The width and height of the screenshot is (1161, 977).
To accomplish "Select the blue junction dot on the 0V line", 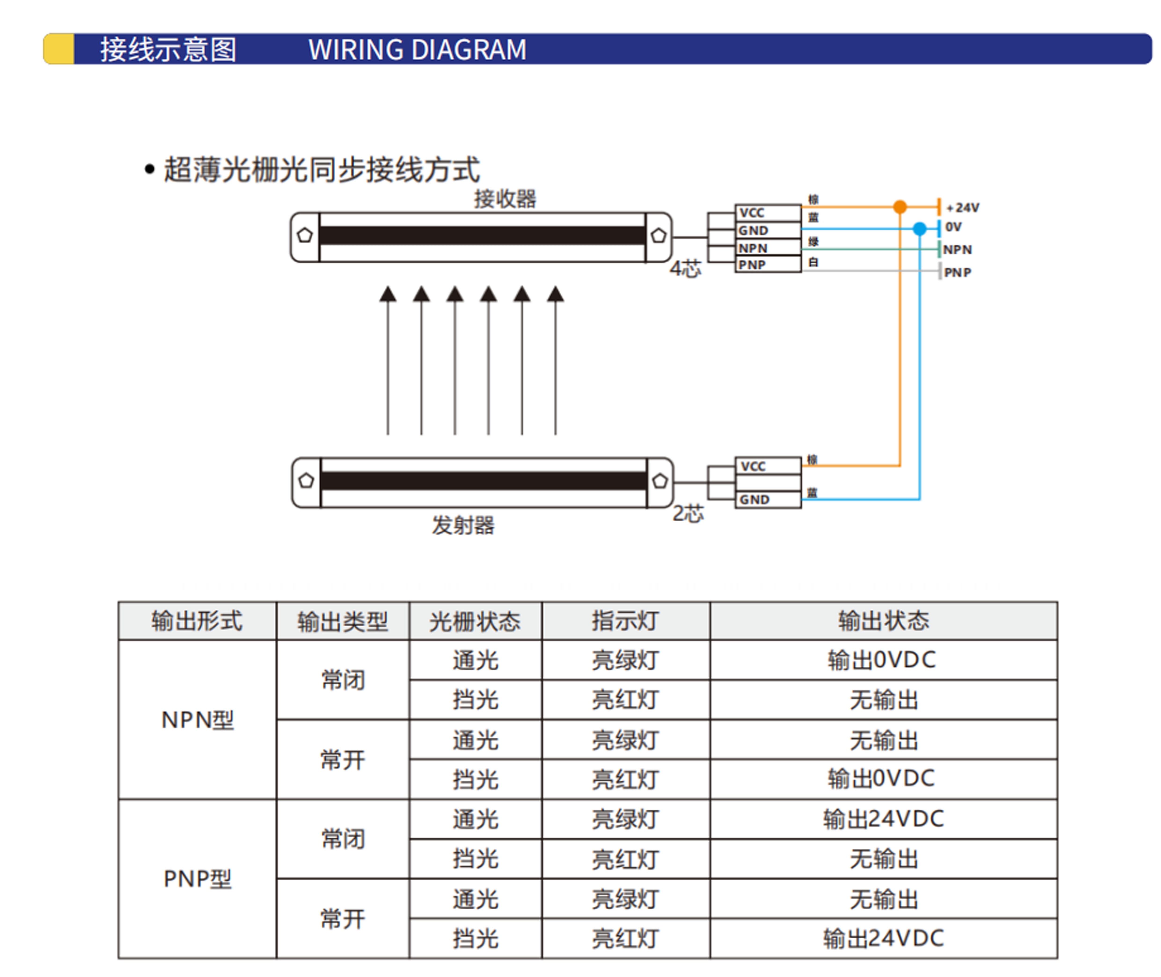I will (919, 228).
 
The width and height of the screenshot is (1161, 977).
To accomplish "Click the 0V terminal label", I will (953, 226).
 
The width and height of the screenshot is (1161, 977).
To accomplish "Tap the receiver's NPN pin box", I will (768, 248).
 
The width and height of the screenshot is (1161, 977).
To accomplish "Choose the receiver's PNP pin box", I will (768, 265).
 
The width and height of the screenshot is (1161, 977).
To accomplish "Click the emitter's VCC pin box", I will (768, 466).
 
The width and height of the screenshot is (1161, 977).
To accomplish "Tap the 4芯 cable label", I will (685, 269).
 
